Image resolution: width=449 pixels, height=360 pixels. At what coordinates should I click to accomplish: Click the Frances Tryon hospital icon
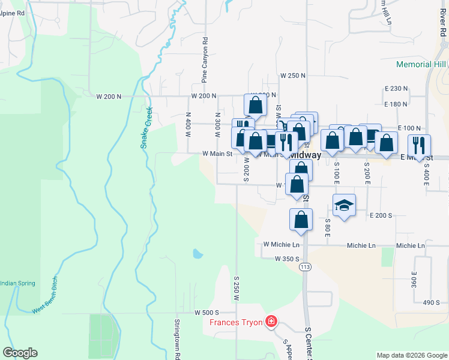pos(271,322)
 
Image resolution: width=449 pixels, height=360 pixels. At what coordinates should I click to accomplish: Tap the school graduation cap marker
pos(344,205)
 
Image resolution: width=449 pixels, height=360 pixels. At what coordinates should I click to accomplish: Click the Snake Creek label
pos(146,127)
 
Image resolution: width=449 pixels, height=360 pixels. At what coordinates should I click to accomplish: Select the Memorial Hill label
pos(421,64)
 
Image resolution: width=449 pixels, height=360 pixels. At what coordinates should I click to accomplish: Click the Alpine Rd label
pos(12,12)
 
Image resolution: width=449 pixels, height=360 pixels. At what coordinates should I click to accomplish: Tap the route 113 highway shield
pos(306,266)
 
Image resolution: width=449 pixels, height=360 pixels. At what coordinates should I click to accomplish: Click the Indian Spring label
pos(17,283)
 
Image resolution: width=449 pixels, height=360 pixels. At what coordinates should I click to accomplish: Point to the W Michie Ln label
pos(281,245)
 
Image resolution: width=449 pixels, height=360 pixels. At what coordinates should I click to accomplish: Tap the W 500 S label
pos(206,313)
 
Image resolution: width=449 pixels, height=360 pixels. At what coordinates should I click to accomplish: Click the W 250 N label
pos(293,76)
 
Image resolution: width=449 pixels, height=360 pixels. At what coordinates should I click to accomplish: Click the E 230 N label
pos(395,89)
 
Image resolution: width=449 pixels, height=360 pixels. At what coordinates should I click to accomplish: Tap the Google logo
pos(20,353)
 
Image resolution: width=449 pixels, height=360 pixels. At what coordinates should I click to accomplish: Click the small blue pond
pos(197,254)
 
